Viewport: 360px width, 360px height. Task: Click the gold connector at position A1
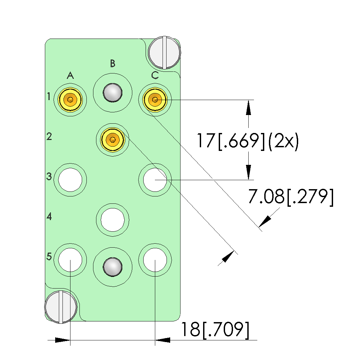point(70,100)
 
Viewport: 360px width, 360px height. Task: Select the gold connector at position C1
point(155,100)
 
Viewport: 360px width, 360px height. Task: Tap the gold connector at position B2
point(112,140)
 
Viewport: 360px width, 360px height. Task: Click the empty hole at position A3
point(70,180)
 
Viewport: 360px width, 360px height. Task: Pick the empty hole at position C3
point(155,180)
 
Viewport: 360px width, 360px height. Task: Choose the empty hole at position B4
point(112,220)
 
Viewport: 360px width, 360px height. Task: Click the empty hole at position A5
point(70,260)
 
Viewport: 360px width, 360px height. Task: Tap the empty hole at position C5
point(155,260)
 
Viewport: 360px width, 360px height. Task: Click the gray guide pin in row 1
point(112,93)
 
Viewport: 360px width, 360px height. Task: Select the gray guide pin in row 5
point(112,267)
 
